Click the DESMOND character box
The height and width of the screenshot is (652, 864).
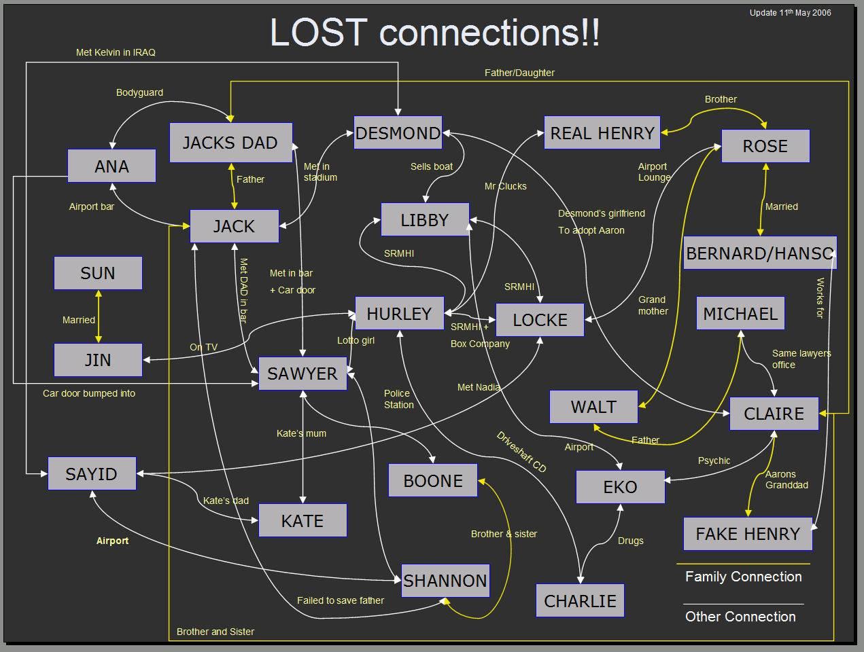click(398, 133)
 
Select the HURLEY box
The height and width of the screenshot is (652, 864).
click(399, 314)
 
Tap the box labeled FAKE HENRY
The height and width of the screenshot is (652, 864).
click(747, 534)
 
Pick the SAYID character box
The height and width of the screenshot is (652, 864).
click(92, 474)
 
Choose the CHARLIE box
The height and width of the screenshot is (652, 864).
click(580, 601)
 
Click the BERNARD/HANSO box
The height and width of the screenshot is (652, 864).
click(759, 253)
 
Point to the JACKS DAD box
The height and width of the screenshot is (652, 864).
click(230, 143)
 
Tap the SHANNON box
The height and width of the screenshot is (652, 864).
click(445, 581)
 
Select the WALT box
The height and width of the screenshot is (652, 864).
click(593, 407)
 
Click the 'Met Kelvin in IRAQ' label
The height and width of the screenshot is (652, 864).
click(116, 52)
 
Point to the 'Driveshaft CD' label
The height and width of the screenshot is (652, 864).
click(521, 452)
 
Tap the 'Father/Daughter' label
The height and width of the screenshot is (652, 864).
click(519, 73)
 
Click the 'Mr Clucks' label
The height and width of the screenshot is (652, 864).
click(505, 186)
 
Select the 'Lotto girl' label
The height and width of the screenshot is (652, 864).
click(356, 340)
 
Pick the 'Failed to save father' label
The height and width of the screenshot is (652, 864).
click(340, 600)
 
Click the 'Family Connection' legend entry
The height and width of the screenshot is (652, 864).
click(743, 577)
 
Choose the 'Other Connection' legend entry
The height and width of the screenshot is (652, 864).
click(740, 617)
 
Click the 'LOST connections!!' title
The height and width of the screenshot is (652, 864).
click(435, 32)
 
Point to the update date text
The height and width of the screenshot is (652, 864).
click(790, 12)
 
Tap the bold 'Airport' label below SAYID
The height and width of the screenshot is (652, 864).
click(112, 541)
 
